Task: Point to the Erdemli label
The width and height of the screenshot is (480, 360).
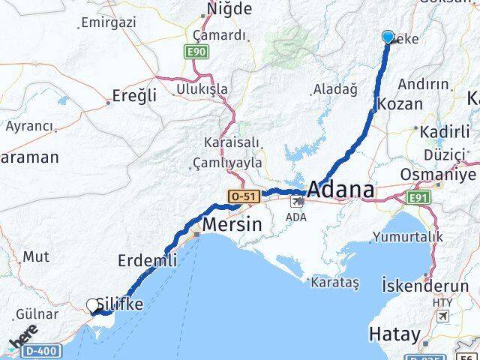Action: [x=148, y=261]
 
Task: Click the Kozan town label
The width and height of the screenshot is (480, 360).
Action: [x=402, y=104]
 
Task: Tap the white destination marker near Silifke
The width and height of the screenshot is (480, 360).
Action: [x=93, y=305]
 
